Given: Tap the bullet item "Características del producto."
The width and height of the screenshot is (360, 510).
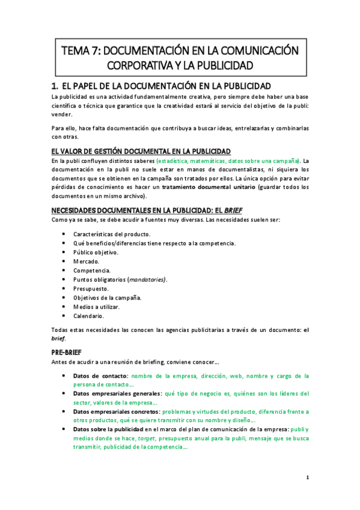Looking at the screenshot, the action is [x=112, y=233].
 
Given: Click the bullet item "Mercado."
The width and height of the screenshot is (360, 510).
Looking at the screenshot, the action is [x=87, y=261].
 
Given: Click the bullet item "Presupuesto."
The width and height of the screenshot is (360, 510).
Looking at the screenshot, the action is [x=93, y=289].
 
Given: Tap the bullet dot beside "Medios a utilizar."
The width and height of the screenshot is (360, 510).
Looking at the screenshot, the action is [x=64, y=307].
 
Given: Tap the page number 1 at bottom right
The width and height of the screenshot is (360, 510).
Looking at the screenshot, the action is [x=307, y=478].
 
